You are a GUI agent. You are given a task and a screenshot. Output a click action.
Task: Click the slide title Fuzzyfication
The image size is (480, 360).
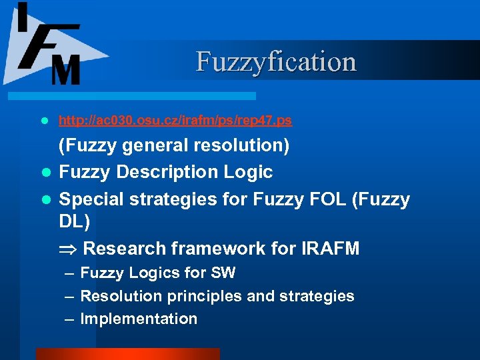point(276,61)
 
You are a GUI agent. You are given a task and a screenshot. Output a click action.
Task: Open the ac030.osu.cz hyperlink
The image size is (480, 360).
point(175,121)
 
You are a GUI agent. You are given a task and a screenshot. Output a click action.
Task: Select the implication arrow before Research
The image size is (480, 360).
point(68,249)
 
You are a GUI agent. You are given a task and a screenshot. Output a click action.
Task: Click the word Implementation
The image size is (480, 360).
point(139,319)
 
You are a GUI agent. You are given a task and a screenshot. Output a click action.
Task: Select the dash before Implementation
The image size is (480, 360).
point(70,319)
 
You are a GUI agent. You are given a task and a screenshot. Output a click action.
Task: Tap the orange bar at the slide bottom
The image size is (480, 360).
point(127,353)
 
